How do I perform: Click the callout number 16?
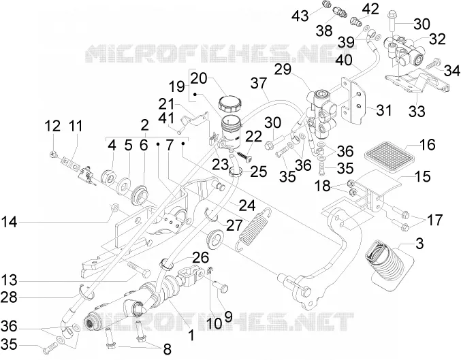[x=427, y=144]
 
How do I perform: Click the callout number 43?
[x=300, y=15]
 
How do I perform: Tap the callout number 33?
[x=417, y=112]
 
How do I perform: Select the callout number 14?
[x=10, y=222]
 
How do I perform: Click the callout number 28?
[x=10, y=297]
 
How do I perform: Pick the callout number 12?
[x=52, y=126]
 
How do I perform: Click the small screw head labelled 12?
[x=54, y=153]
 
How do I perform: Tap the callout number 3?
[x=419, y=244]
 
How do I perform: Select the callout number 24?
[x=247, y=206]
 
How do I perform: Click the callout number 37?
[x=259, y=83]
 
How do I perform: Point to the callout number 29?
[x=283, y=69]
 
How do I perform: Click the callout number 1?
[x=191, y=335]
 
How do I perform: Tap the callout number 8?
[x=167, y=349]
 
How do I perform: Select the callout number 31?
[x=384, y=110]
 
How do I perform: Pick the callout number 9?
[x=228, y=316]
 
